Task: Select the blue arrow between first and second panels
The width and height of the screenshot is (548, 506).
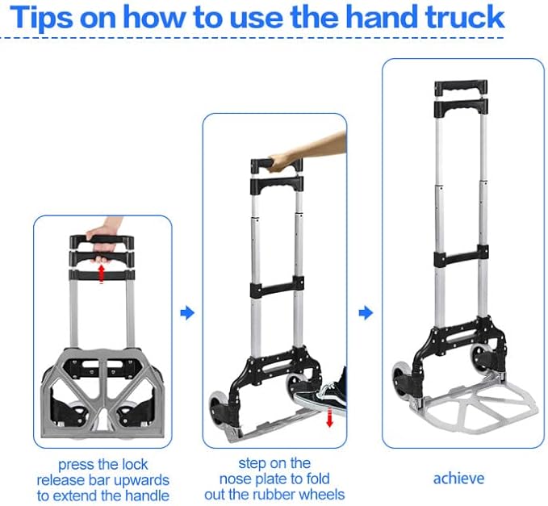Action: (x=187, y=312)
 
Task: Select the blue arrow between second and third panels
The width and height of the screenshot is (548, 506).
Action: (x=366, y=312)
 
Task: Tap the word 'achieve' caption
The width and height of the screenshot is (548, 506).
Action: (x=458, y=479)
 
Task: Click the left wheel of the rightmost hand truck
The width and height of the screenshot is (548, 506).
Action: (x=401, y=378)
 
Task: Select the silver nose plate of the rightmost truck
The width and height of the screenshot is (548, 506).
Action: (x=476, y=411)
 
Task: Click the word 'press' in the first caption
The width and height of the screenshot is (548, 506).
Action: (x=75, y=465)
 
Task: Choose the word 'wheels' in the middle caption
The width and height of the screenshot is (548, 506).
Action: (x=319, y=494)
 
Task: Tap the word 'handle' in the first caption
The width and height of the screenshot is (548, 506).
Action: (x=146, y=495)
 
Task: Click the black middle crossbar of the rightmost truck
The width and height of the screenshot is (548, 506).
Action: (x=460, y=260)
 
